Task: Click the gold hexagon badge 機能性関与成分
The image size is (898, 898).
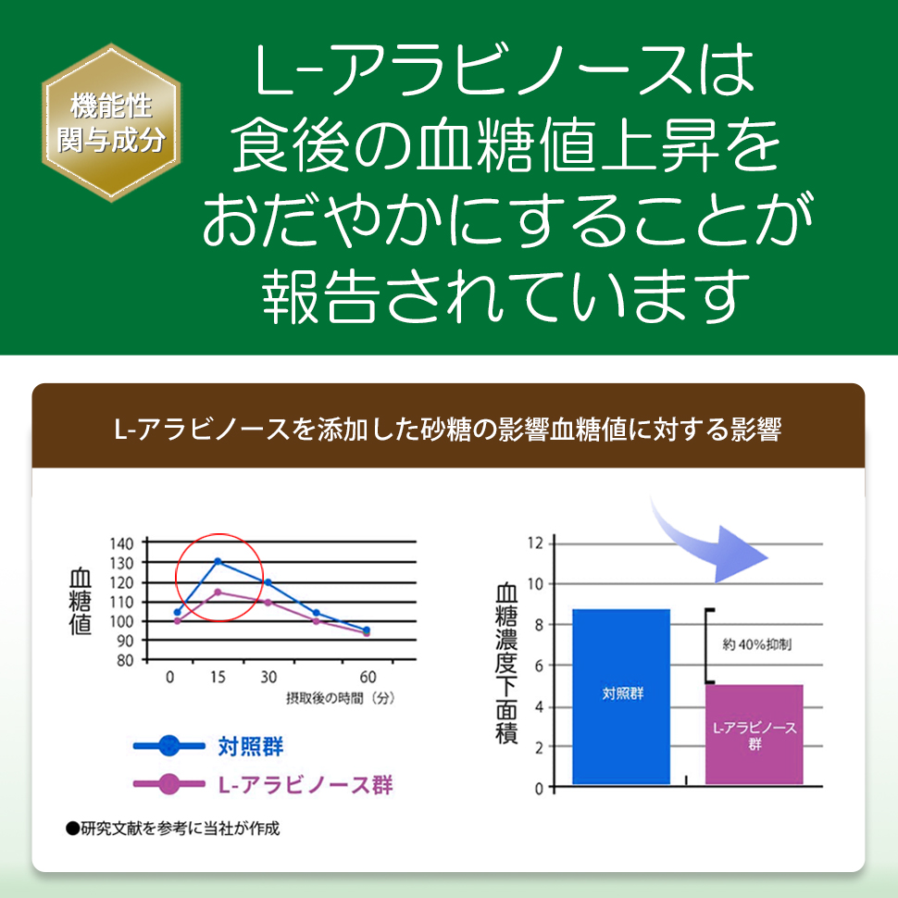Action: pyautogui.click(x=111, y=122)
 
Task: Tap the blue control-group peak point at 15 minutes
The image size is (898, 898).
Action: pyautogui.click(x=218, y=561)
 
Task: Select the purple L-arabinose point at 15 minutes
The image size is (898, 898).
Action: pyautogui.click(x=218, y=592)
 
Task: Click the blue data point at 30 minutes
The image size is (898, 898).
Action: pyautogui.click(x=268, y=582)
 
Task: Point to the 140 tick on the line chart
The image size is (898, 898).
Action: pyautogui.click(x=121, y=543)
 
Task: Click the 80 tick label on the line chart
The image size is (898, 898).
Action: pyautogui.click(x=125, y=660)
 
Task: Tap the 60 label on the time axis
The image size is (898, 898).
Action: pyautogui.click(x=368, y=677)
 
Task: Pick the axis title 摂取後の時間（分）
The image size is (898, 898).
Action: pyautogui.click(x=341, y=698)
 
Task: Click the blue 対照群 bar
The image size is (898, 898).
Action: pyautogui.click(x=621, y=696)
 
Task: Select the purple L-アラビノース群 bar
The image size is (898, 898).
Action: pyautogui.click(x=755, y=734)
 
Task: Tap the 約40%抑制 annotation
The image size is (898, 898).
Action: pyautogui.click(x=756, y=645)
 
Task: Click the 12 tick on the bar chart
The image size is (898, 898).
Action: pyautogui.click(x=535, y=543)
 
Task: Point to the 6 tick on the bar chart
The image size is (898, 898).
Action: pyautogui.click(x=539, y=666)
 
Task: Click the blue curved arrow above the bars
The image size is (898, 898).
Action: pyautogui.click(x=705, y=550)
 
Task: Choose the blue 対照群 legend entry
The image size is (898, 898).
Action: pyautogui.click(x=208, y=746)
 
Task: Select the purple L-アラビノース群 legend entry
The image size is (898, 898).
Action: pyautogui.click(x=263, y=785)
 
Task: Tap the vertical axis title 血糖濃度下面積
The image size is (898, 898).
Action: pyautogui.click(x=506, y=663)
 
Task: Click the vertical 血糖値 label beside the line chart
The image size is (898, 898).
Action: pyautogui.click(x=81, y=602)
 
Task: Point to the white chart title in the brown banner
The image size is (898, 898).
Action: pyautogui.click(x=448, y=430)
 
